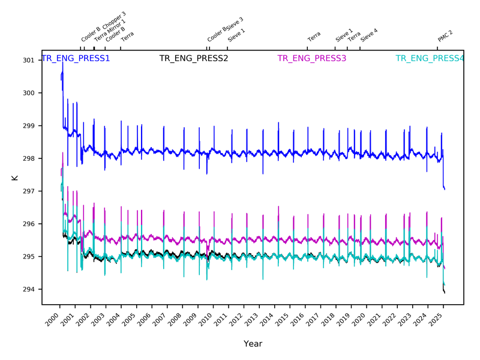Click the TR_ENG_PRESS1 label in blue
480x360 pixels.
coord(76,59)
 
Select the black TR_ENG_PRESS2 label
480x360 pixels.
coord(194,59)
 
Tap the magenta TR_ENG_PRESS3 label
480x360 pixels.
coord(312,59)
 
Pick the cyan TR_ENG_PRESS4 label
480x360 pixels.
coord(430,59)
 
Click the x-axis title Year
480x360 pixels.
coord(253,344)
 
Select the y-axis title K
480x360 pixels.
coord(14,178)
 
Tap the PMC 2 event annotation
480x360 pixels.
coord(445,36)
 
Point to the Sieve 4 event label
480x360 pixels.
coord(369,34)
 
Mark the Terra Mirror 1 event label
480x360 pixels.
coord(110,30)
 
